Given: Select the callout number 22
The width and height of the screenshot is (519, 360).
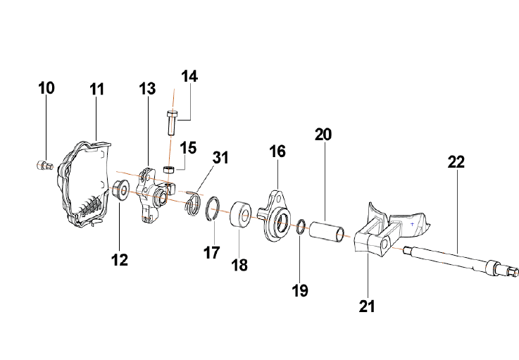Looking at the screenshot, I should tap(456, 161).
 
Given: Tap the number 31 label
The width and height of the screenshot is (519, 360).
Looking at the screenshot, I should tap(220, 158).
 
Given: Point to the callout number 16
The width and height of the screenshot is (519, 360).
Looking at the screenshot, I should tap(277, 151).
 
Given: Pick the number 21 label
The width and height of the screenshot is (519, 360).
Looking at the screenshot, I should tap(367, 306).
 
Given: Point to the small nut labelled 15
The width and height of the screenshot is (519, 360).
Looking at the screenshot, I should tap(169, 170).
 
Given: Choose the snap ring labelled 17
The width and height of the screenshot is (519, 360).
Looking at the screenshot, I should tap(214, 210).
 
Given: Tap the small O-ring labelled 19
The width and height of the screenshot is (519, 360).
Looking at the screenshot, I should tap(299, 227).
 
